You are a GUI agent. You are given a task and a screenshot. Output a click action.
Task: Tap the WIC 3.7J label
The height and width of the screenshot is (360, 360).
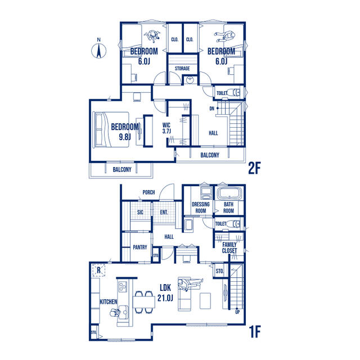[x=166, y=128]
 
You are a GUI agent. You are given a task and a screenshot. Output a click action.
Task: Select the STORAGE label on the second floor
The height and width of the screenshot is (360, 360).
[x=182, y=69]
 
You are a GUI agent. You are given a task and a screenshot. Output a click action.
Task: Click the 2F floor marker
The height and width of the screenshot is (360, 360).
[x=254, y=169]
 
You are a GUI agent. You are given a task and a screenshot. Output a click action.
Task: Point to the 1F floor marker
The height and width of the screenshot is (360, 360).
[x=255, y=332]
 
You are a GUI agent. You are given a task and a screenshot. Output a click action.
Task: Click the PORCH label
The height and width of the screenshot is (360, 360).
[x=148, y=192]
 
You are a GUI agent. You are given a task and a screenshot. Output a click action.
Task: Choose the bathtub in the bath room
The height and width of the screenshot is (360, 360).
[x=229, y=193]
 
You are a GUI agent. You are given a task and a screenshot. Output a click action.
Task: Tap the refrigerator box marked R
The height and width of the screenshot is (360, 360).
[x=99, y=270]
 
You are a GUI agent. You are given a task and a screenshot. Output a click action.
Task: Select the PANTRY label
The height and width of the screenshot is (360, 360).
[x=140, y=247]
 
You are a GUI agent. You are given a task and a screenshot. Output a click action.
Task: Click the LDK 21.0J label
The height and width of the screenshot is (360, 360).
[x=165, y=292]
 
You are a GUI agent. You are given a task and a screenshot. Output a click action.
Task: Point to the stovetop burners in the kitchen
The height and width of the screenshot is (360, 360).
[x=123, y=287]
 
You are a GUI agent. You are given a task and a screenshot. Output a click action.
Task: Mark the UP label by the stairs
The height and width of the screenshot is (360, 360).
[x=237, y=312]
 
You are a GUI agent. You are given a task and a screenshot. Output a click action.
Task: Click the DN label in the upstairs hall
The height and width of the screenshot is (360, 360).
[x=211, y=109]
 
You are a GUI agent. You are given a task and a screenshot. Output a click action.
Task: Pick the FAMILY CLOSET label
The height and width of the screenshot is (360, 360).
[x=229, y=247]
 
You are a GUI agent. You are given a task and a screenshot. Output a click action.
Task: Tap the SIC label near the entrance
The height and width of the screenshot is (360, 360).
[x=140, y=212]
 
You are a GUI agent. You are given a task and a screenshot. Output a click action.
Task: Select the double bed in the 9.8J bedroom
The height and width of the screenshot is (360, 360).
[x=111, y=129]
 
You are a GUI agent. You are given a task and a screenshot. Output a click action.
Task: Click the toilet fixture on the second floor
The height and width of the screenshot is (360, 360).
[x=236, y=92]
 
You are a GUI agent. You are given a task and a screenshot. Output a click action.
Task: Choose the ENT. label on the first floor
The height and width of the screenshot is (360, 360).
[x=164, y=213]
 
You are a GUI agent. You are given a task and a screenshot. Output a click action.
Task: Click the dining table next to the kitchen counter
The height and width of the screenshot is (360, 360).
[x=144, y=302]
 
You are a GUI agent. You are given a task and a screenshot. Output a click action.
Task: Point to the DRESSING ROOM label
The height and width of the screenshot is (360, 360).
[x=201, y=208]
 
